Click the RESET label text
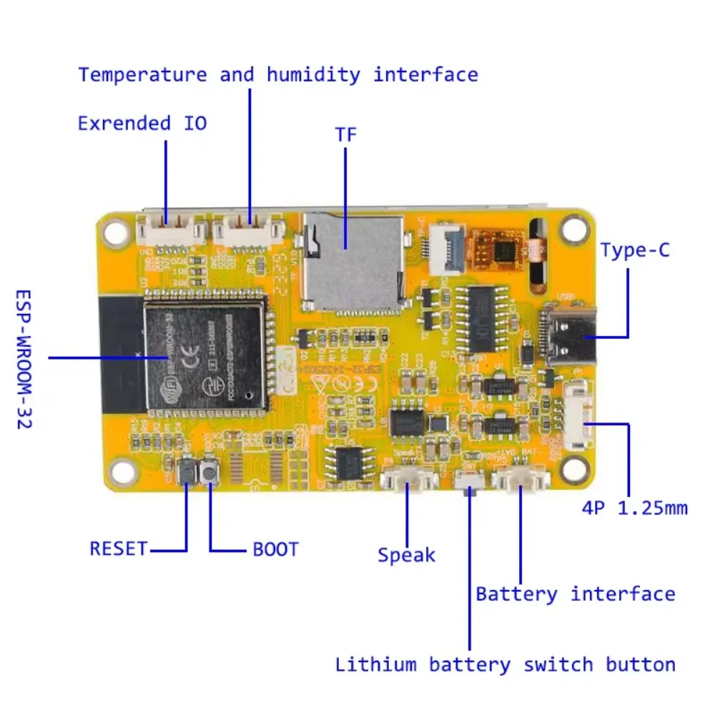[x=118, y=549]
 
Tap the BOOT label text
[x=276, y=550]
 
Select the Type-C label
[x=635, y=250]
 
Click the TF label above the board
[x=345, y=134]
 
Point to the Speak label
[x=406, y=555]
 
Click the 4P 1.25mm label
[x=635, y=508]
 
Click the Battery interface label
[x=575, y=594]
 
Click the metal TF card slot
[x=350, y=265]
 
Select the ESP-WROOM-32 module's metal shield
[x=204, y=355]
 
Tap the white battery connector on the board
[x=521, y=479]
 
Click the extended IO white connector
[x=170, y=231]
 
